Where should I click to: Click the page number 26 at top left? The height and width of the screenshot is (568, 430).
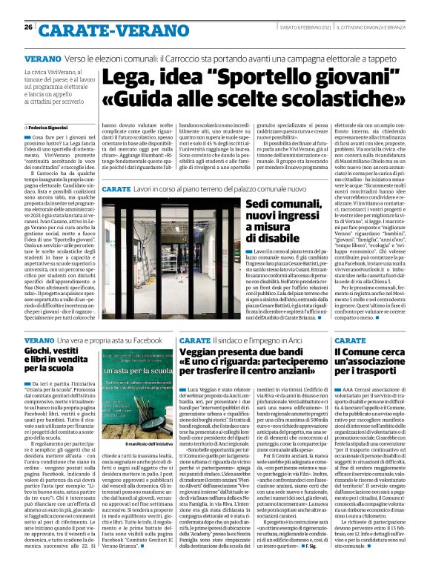pyautogui.click(x=28, y=27)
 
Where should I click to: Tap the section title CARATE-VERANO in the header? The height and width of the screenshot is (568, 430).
pyautogui.click(x=96, y=28)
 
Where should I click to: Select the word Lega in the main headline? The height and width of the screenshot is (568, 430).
pyautogui.click(x=124, y=78)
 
